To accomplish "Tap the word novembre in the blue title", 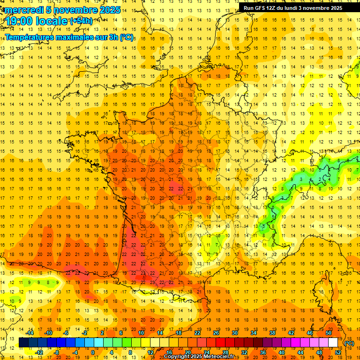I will [72, 10].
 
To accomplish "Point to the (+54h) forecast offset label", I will [81, 21].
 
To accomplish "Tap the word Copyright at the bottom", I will [177, 357].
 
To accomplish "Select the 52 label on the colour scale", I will [338, 352].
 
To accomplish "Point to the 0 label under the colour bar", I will [93, 352].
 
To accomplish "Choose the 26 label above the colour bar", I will [216, 333].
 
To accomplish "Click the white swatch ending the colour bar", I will [333, 343].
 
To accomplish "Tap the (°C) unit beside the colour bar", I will [349, 343].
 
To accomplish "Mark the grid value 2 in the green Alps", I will [320, 179].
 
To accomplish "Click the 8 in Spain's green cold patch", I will [48, 282].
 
